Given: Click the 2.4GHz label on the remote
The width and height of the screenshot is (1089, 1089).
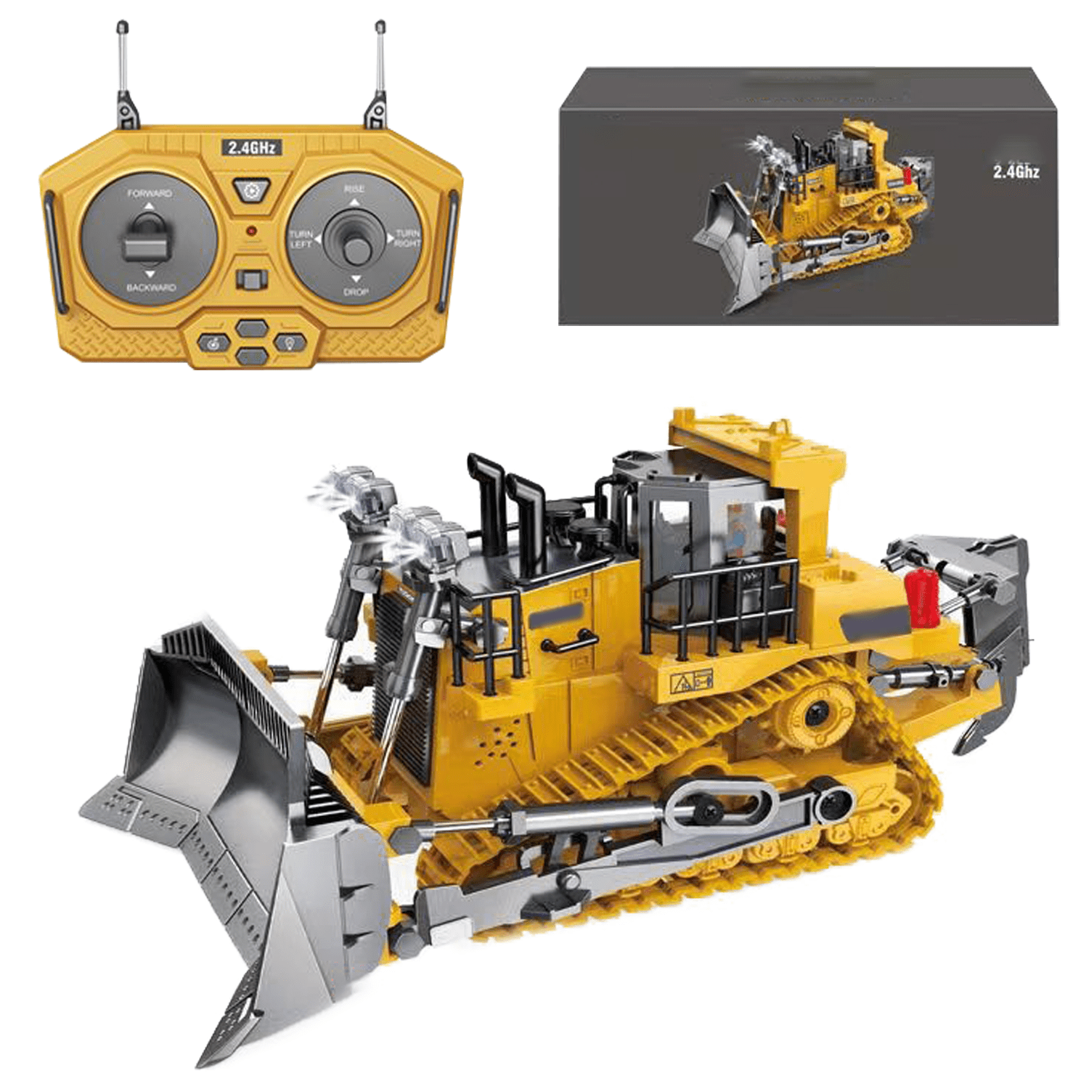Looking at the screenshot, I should pos(251,147).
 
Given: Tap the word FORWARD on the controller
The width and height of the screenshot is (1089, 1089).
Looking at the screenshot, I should pos(150,193).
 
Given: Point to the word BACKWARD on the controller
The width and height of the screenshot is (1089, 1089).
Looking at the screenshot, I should pos(151,287).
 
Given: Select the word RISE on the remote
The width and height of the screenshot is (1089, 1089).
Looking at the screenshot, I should pos(354,189).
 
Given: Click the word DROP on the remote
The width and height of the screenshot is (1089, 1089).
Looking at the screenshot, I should pos(356,292).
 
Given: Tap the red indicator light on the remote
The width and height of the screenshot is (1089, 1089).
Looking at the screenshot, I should pos(251,232).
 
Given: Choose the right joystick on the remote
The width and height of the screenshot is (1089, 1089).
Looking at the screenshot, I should pos(355,242).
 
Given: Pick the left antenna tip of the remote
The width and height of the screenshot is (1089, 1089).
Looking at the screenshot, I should pos(122,28).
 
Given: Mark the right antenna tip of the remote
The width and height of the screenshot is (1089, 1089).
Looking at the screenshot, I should pos(380,28).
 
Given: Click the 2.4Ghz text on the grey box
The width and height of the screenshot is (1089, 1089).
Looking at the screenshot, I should pos(1016,172).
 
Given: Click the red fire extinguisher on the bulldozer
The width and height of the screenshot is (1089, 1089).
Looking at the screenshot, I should pos(923,597).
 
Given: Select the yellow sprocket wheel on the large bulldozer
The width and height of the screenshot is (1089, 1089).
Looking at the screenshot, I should pos(819,713).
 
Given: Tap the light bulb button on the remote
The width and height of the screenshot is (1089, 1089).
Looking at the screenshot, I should pos(290,342).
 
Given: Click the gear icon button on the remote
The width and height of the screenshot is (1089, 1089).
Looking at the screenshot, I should pos(252,191).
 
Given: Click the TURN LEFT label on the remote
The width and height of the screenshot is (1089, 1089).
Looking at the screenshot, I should pos(301,239).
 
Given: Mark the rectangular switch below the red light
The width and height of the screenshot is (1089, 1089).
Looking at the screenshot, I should pos(252,280).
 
